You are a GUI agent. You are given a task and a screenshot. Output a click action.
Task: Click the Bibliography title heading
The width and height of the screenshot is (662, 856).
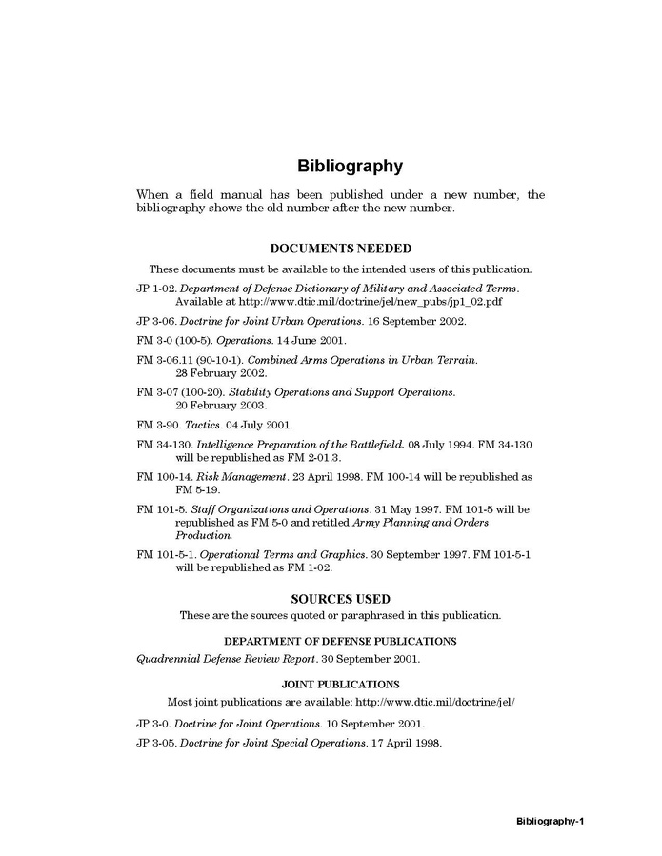pos(350,166)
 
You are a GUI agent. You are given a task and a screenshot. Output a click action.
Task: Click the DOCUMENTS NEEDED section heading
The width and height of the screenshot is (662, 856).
pos(341,249)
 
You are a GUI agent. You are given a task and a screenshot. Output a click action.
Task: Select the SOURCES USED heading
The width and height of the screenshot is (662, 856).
pos(340,599)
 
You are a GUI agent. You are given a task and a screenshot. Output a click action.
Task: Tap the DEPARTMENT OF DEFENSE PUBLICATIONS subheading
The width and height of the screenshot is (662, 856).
pos(340,641)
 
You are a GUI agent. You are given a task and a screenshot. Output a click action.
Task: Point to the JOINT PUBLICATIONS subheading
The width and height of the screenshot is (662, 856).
pos(340,684)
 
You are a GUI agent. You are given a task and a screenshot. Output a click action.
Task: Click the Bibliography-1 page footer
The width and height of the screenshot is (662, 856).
pos(555,820)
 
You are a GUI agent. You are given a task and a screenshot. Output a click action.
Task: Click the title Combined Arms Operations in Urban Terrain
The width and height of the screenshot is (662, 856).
pos(362,359)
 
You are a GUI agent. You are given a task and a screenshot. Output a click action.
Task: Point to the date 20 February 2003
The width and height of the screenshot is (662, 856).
pos(221,406)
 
